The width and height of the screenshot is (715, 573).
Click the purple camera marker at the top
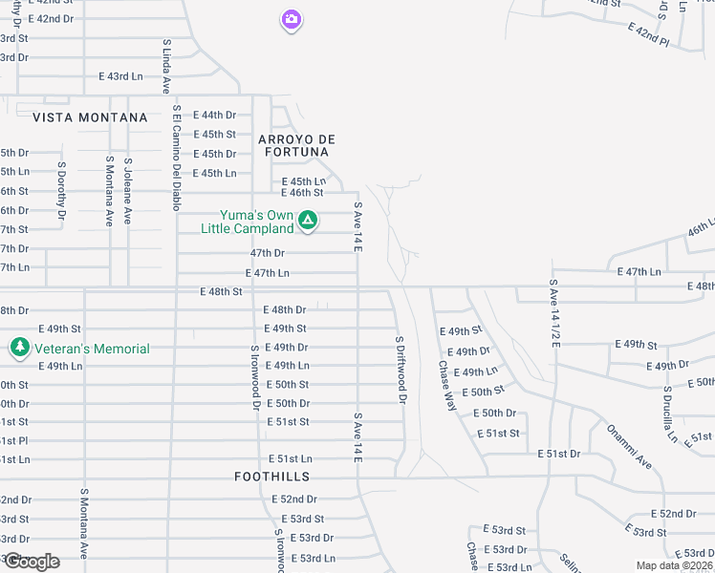[x=292, y=19]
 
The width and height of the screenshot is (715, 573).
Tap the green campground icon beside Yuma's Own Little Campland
[x=308, y=222]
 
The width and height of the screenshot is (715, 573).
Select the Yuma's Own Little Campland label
[x=247, y=222]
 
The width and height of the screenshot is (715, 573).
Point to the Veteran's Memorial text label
[x=93, y=349]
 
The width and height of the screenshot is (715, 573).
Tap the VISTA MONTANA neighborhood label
[x=90, y=117]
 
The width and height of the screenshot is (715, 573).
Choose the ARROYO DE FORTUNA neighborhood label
[x=293, y=145]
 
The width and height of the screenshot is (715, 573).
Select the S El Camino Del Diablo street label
[x=176, y=159]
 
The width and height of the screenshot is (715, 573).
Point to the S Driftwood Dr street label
[x=401, y=369]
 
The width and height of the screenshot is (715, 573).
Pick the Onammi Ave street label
[x=628, y=446]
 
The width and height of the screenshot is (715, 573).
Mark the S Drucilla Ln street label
[x=670, y=415]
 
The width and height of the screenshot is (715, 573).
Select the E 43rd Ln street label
[x=120, y=75]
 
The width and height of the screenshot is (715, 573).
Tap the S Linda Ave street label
[x=165, y=67]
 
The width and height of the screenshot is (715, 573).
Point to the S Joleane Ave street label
[x=128, y=191]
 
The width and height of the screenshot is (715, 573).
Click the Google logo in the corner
[x=32, y=561]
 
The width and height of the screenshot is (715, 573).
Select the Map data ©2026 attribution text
[x=673, y=565]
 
